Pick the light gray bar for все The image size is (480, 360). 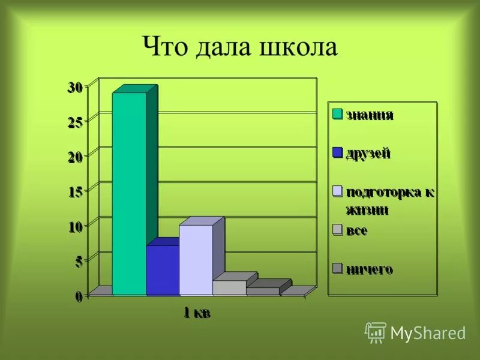point(229,287)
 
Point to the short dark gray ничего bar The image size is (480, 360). point(263,291)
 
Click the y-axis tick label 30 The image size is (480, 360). point(75,88)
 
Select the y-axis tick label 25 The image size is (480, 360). point(75,122)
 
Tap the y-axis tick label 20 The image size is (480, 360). point(75,157)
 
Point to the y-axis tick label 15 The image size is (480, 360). point(75,192)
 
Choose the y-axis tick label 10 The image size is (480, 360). point(75,227)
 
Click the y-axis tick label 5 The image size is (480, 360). point(79,262)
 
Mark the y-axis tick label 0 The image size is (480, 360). point(79,296)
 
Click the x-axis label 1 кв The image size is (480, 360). point(197,313)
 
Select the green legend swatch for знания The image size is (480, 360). point(337,114)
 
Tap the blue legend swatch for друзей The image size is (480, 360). point(337,152)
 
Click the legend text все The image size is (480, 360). point(356,230)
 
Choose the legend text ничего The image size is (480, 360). point(369,269)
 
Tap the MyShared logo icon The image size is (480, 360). point(376,332)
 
